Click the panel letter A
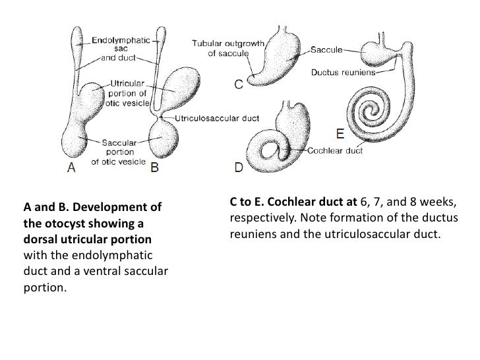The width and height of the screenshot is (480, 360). coord(75,167)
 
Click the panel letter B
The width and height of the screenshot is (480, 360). coord(156,167)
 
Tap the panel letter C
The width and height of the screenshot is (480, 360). coord(240,84)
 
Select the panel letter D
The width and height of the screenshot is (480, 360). coord(239,167)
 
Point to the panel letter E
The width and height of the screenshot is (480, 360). coord(340,134)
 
